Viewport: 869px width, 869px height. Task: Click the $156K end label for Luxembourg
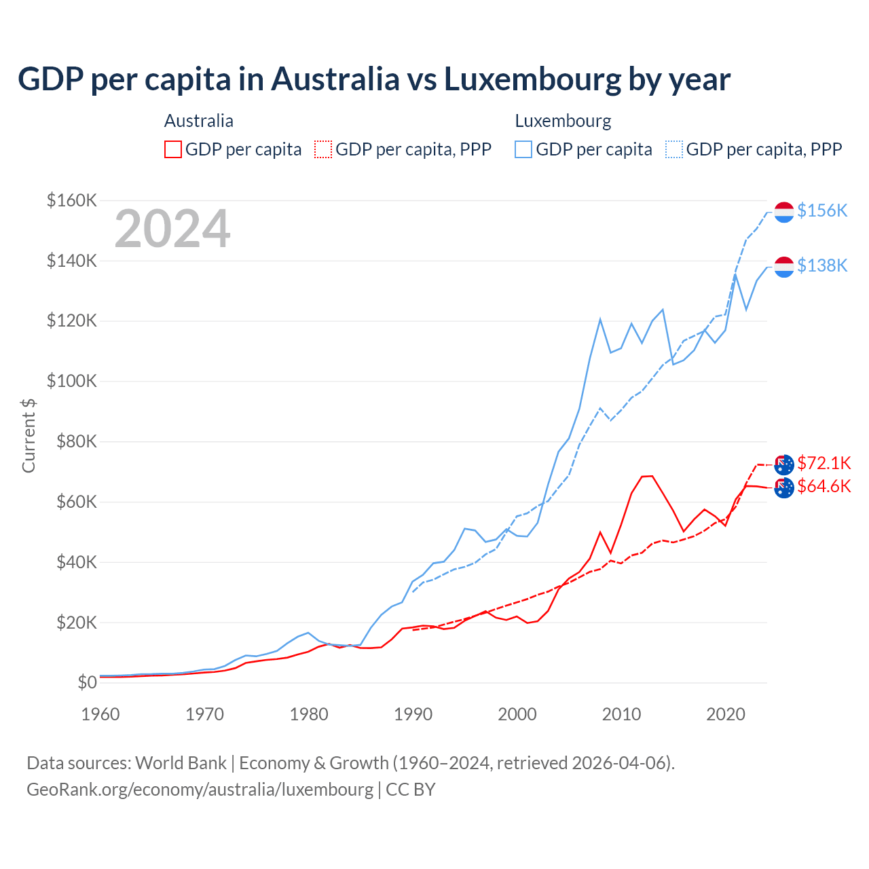pos(822,210)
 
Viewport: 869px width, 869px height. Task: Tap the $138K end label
pos(822,265)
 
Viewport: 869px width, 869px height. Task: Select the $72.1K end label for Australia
pos(824,463)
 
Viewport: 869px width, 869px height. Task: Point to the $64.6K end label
pos(824,486)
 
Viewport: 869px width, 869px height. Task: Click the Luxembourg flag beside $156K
pos(784,212)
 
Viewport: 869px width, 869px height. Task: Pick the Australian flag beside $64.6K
pos(784,487)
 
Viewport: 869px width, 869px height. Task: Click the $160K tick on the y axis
pos(72,200)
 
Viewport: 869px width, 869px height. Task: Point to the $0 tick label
pos(87,682)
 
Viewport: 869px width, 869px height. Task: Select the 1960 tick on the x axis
pos(100,714)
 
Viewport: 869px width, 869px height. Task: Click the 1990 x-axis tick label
pos(413,714)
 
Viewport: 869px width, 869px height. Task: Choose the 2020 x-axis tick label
pos(726,714)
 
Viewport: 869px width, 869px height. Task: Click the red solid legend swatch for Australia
pos(173,149)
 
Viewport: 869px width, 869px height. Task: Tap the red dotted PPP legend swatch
pos(324,149)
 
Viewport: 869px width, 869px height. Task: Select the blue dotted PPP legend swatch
pos(674,149)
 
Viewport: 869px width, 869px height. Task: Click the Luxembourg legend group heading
pos(563,121)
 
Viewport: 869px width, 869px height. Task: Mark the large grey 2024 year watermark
pos(172,229)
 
